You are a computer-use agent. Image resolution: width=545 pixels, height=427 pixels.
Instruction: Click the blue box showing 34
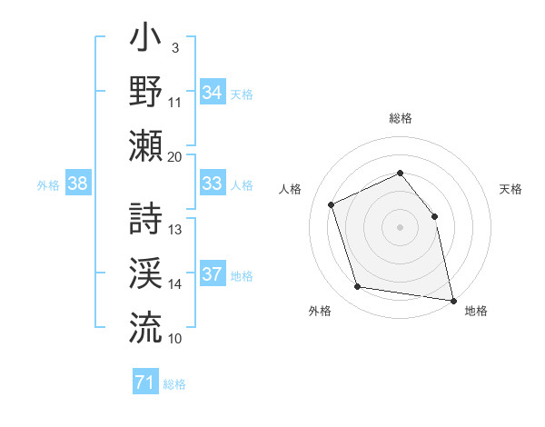(x=213, y=93)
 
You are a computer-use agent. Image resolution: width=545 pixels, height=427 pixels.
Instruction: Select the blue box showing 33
(x=213, y=184)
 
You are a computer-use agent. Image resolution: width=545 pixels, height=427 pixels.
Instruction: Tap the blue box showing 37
(x=213, y=274)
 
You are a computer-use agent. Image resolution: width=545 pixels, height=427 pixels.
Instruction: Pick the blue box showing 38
(x=78, y=184)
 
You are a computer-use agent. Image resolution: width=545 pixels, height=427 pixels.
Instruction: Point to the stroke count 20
(x=174, y=157)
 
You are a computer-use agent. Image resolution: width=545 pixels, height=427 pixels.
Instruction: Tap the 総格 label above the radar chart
(x=400, y=118)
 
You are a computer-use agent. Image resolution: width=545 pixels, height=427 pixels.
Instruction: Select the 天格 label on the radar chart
(x=510, y=189)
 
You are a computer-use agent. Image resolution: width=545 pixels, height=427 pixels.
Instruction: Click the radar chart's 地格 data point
(x=451, y=300)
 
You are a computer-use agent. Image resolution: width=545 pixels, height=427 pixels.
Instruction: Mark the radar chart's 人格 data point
(x=332, y=204)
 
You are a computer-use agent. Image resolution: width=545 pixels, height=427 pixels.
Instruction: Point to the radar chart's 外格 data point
(x=357, y=287)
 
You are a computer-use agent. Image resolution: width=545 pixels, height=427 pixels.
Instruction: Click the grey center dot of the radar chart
(x=400, y=227)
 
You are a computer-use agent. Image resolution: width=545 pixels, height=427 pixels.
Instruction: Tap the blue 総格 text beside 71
(x=175, y=384)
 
